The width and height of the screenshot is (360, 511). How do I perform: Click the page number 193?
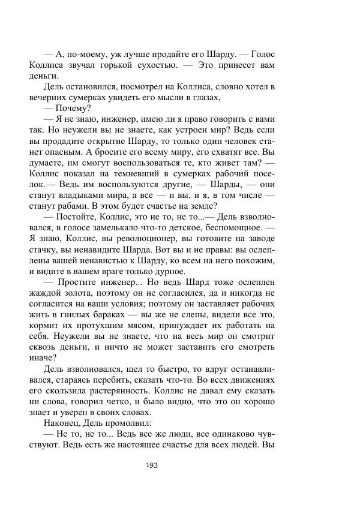click(x=152, y=464)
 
